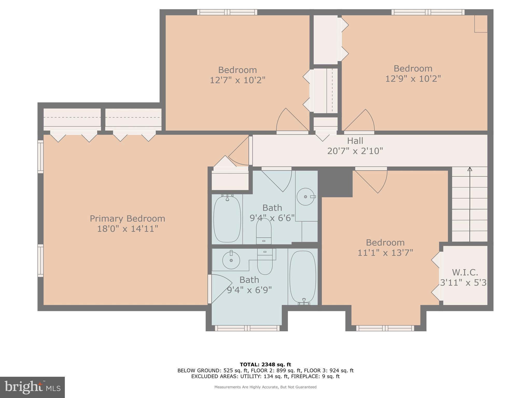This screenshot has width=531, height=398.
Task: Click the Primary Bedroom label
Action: pyautogui.click(x=127, y=218)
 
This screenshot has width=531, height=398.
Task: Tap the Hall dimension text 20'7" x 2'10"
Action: pyautogui.click(x=355, y=151)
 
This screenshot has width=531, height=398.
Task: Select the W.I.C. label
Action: pyautogui.click(x=465, y=272)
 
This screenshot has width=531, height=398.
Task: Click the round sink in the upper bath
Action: pyautogui.click(x=305, y=197)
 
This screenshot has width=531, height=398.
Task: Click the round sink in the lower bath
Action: pyautogui.click(x=231, y=260)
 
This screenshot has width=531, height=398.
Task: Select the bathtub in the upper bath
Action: pyautogui.click(x=227, y=219)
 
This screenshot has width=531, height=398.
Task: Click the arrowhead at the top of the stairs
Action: pyautogui.click(x=470, y=169)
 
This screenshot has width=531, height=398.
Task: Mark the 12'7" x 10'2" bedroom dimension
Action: pyautogui.click(x=237, y=80)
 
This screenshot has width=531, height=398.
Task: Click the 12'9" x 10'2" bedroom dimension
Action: pyautogui.click(x=413, y=79)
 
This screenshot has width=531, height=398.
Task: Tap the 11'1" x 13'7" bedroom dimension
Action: pyautogui.click(x=385, y=252)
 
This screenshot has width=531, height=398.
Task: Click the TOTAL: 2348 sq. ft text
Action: pyautogui.click(x=265, y=365)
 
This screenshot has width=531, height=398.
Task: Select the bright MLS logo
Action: pyautogui.click(x=32, y=387)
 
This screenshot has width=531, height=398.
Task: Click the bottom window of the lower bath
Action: pyautogui.click(x=247, y=328)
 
